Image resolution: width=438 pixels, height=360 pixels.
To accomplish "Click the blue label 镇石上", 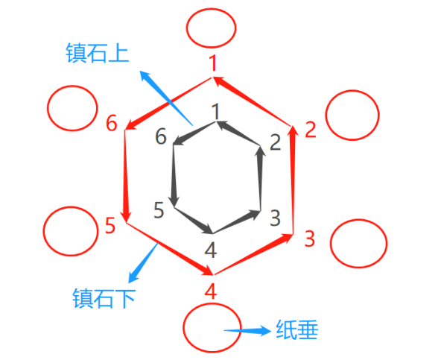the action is click(97, 53).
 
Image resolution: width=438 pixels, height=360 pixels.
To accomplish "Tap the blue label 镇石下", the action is click(104, 298).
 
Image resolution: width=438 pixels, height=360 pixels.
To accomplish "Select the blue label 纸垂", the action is click(297, 329).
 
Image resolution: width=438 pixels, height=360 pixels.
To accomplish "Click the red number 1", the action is click(213, 63).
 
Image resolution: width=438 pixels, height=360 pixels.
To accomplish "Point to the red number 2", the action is click(310, 130).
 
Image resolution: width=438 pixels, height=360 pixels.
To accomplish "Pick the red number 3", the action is click(310, 239).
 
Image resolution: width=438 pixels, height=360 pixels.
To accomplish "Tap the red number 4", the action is click(211, 291).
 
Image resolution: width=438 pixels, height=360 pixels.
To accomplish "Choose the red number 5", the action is click(110, 225).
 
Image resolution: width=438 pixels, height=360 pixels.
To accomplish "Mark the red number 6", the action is click(112, 123).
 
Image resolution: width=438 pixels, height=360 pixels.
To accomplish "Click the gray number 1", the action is click(215, 112).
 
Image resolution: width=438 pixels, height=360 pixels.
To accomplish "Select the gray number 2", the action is click(275, 142).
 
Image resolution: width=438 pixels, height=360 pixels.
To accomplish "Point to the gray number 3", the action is click(275, 218).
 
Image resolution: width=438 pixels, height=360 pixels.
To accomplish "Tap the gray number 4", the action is click(211, 250).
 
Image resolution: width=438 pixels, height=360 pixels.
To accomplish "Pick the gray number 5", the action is click(159, 210).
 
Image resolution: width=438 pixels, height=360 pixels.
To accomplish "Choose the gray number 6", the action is click(161, 136).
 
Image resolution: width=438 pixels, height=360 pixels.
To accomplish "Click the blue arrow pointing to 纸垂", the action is click(247, 331).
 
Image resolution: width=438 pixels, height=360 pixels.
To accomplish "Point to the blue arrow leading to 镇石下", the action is click(143, 262).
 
